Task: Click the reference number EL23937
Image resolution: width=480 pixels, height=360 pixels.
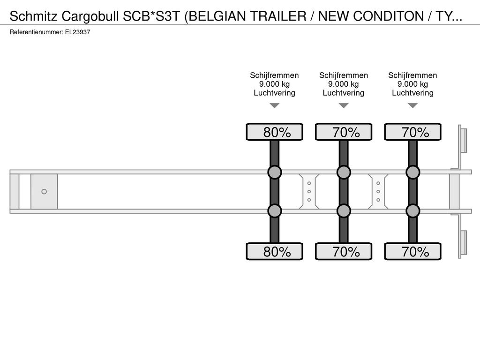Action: pos(77,32)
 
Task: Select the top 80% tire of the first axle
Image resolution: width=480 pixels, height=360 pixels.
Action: pos(275,132)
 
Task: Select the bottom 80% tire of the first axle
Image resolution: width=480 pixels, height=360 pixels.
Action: pos(275,251)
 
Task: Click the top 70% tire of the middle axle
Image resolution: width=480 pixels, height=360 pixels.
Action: pos(344,132)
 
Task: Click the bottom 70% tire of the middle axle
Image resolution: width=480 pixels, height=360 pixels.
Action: pos(344,251)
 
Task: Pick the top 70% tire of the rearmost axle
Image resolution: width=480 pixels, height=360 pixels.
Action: pos(413,132)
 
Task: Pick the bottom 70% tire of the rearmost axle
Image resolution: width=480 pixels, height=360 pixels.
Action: pos(413,251)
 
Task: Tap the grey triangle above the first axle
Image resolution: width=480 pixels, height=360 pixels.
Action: pos(275,105)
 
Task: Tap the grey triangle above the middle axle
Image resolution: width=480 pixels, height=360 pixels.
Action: pos(344,105)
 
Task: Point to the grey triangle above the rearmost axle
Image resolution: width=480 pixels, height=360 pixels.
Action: pos(413,105)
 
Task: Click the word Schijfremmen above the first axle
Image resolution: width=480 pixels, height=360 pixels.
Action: pos(274,75)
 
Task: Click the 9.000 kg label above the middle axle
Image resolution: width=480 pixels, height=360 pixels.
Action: pos(344,84)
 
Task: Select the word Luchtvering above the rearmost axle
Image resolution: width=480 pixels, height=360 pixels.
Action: pos(412,93)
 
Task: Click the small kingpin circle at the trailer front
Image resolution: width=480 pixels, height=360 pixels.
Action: pos(44,192)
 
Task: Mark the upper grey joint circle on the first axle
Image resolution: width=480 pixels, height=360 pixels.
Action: pos(275,172)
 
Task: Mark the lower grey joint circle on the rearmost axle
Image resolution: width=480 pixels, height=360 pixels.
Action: pos(413,211)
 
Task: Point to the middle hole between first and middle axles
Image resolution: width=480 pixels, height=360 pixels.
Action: pos(309,192)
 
